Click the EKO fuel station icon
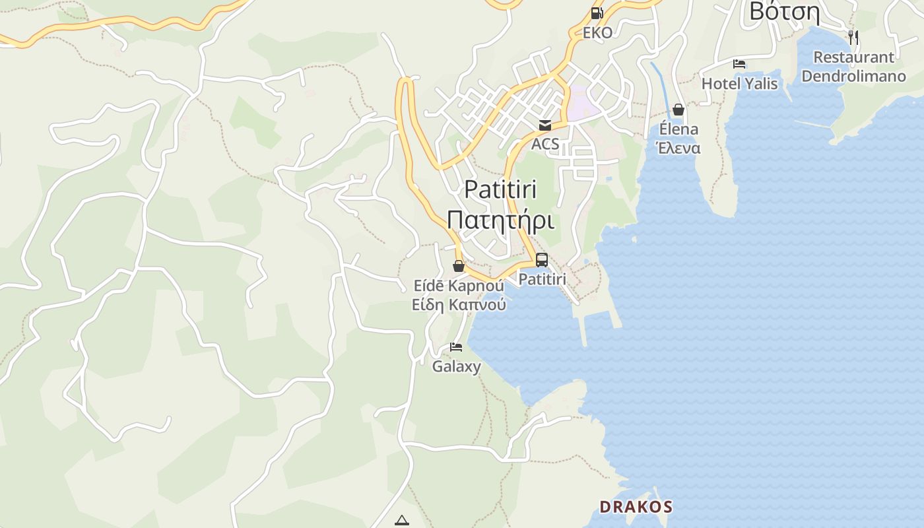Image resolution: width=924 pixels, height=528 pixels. point(597,13)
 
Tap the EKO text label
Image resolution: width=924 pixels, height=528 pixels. point(597,32)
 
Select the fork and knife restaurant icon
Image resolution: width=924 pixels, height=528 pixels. point(853,37)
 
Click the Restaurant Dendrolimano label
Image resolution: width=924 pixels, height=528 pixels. point(853,67)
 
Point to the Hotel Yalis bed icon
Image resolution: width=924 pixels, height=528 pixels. point(739,64)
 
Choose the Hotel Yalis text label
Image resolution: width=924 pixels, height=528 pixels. point(739,84)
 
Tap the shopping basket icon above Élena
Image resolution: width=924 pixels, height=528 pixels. point(678,110)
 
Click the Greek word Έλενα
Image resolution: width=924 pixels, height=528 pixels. point(678,148)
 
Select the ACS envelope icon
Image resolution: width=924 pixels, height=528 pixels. point(545,125)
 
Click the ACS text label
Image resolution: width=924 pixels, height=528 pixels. point(545,144)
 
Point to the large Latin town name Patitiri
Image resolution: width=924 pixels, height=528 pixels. point(500,189)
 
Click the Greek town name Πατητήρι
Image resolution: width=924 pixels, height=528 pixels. point(500,220)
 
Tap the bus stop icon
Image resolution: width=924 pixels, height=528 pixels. point(542,260)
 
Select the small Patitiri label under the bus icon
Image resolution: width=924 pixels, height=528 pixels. point(542,279)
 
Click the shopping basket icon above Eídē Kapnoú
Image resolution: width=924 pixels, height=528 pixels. point(459,266)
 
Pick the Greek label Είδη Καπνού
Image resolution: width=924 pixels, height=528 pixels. point(459,304)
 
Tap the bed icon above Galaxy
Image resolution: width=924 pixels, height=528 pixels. point(456,347)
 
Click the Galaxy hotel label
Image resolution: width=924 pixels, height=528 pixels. point(456,366)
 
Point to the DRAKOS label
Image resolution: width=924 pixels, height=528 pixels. point(636,507)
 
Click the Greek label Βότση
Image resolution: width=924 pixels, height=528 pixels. point(784,12)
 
